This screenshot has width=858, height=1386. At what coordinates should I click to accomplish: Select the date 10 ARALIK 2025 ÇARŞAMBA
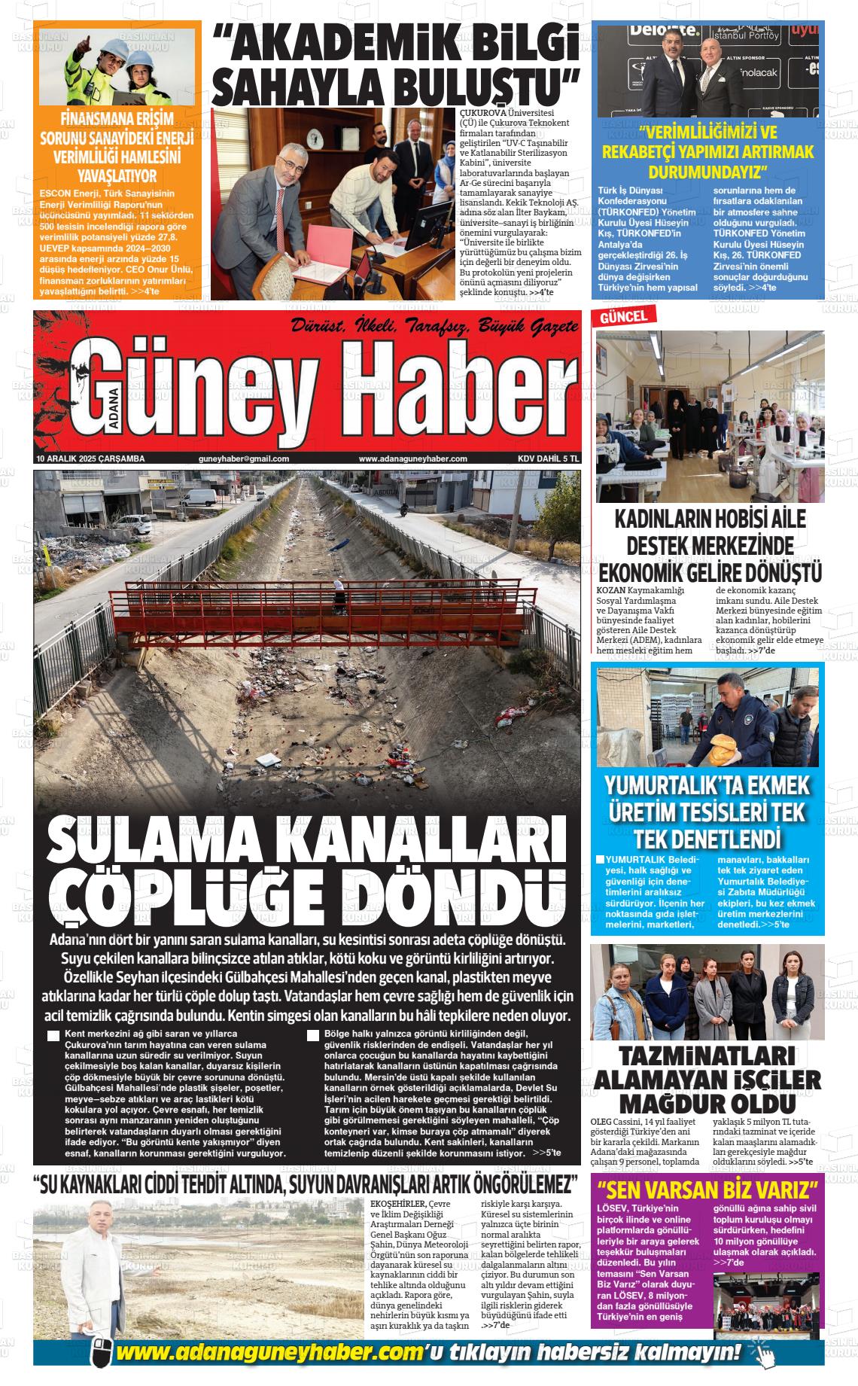(90, 458)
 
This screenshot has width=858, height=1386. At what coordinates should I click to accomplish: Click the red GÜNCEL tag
(623, 318)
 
